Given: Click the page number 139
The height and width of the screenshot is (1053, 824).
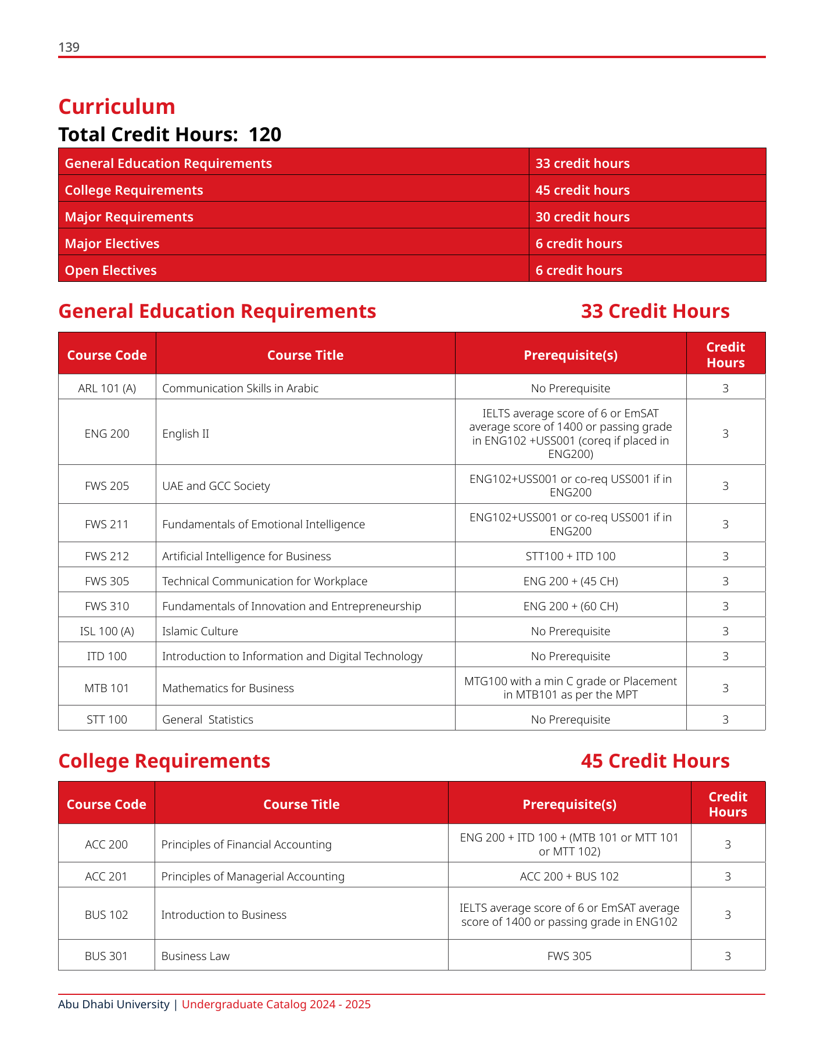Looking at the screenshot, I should point(69,48).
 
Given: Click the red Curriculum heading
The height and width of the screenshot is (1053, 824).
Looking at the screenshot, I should point(117,107).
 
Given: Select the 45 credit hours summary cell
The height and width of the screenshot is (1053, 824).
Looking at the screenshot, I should point(582,191).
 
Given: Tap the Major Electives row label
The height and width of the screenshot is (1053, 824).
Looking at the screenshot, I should point(112,244).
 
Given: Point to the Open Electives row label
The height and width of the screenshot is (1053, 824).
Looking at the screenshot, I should point(110,271).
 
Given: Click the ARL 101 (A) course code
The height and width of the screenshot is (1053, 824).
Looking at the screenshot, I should point(107,388).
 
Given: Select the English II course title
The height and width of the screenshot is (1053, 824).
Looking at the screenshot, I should point(185,434).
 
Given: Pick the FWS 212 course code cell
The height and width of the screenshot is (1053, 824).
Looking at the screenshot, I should point(107,556).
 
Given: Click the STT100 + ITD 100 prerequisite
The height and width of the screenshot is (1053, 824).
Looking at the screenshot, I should point(570,556).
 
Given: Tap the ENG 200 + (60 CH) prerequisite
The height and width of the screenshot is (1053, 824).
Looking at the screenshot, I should point(570,606).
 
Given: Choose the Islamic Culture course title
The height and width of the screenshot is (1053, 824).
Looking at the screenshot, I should point(200,631).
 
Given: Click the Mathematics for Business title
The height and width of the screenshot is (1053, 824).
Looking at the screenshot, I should point(228,688).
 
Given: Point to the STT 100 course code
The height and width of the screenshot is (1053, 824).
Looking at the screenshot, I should point(107,719).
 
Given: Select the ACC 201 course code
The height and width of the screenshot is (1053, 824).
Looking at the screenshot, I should point(106,876).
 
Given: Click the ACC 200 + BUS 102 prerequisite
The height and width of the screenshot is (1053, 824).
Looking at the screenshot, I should point(569,876).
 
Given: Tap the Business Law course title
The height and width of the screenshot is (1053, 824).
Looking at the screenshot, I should point(195,956).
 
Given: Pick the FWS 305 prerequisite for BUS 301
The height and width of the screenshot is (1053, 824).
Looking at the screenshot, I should point(569,956).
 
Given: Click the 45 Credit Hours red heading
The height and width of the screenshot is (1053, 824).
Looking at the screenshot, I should point(655,761).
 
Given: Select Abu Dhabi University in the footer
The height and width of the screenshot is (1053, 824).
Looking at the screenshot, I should point(114,1004).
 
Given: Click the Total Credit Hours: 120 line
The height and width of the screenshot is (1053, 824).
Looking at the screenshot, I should point(170,135).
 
